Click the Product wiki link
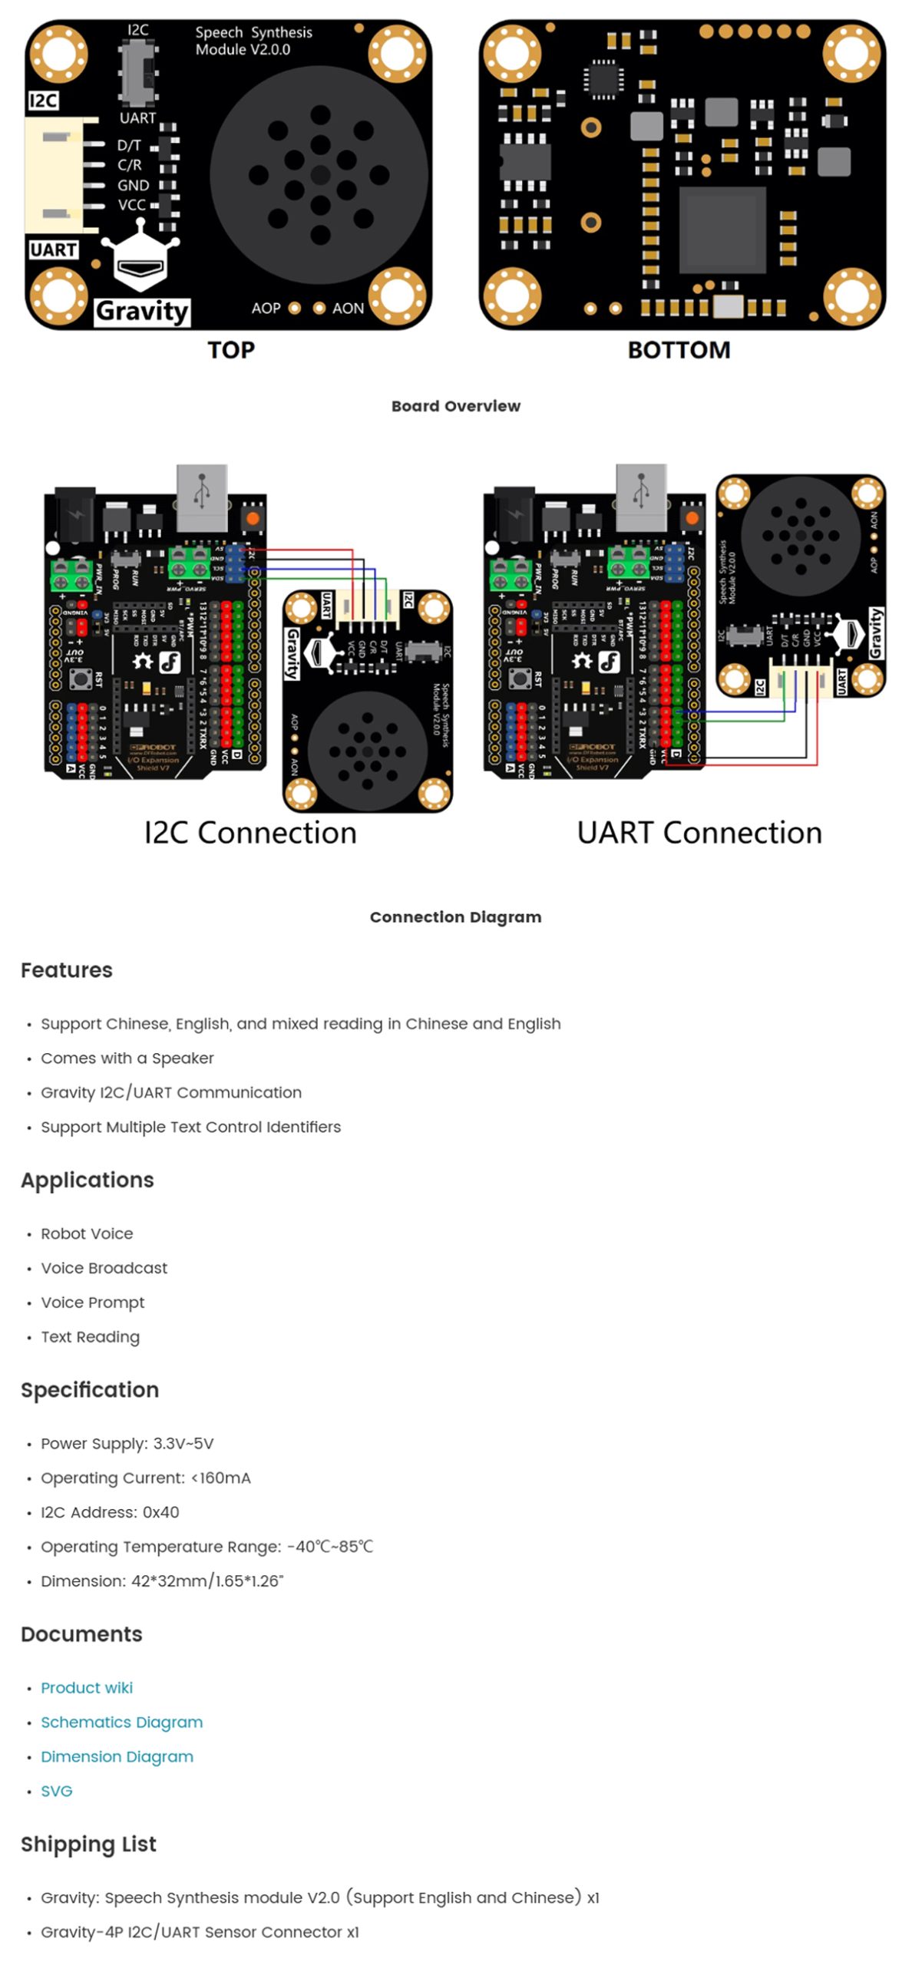pyautogui.click(x=86, y=1687)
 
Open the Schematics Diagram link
pyautogui.click(x=121, y=1722)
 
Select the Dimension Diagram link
pyautogui.click(x=117, y=1756)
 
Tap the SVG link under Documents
pyautogui.click(x=56, y=1791)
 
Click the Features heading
pyautogui.click(x=67, y=970)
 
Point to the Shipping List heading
pyautogui.click(x=88, y=1844)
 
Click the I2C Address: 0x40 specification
pyautogui.click(x=110, y=1512)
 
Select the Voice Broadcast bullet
pyautogui.click(x=104, y=1268)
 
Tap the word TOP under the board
pyautogui.click(x=230, y=350)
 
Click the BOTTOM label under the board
pyautogui.click(x=679, y=350)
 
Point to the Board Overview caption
pyautogui.click(x=455, y=406)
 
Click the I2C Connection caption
pyautogui.click(x=250, y=833)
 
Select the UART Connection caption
pyautogui.click(x=699, y=833)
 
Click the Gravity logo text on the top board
pyautogui.click(x=142, y=311)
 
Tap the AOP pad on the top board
pyautogui.click(x=294, y=309)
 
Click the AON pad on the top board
pyautogui.click(x=320, y=309)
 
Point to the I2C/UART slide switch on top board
pyautogui.click(x=138, y=73)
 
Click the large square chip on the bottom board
pyautogui.click(x=722, y=229)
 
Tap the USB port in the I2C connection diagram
pyautogui.click(x=202, y=497)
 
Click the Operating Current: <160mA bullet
pyautogui.click(x=146, y=1478)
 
